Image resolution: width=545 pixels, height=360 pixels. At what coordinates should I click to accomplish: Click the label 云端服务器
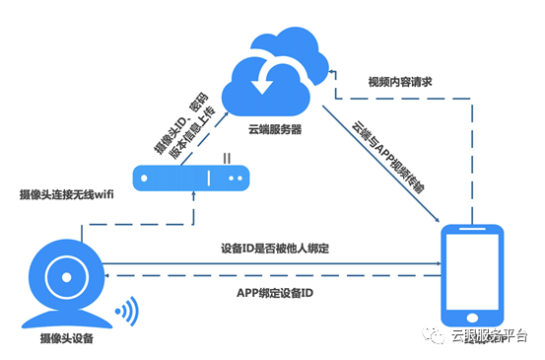(x=275, y=129)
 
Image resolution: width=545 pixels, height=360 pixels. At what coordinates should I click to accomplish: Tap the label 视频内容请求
(x=400, y=82)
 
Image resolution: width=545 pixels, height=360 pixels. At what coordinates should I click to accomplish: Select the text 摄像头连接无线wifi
(x=66, y=194)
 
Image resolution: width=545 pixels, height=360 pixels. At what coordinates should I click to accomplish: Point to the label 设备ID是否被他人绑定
(x=275, y=249)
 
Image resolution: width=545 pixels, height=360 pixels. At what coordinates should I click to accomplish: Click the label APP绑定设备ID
(x=275, y=293)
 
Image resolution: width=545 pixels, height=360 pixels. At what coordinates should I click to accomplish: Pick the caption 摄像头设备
(x=67, y=338)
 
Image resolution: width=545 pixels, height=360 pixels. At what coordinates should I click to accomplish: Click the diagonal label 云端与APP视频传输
(x=388, y=157)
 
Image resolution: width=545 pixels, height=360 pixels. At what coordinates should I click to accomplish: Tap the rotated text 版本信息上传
(x=192, y=132)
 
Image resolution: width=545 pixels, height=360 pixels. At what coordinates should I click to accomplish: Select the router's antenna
(x=227, y=158)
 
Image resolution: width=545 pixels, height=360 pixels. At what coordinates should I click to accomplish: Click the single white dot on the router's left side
(x=144, y=179)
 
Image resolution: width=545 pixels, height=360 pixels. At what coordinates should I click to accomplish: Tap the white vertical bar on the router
(x=209, y=179)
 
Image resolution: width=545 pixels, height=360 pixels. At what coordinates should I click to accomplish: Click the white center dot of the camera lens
(x=66, y=277)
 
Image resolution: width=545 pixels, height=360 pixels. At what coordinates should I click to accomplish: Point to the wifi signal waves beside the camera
(x=128, y=311)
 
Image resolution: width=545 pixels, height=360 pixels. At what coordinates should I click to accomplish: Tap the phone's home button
(x=472, y=318)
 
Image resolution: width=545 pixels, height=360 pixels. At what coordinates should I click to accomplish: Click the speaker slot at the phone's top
(x=472, y=229)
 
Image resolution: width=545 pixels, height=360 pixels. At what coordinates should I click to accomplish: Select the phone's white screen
(x=472, y=271)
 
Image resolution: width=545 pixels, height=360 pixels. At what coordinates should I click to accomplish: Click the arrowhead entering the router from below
(x=193, y=194)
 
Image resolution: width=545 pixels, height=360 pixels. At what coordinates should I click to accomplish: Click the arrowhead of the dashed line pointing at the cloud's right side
(x=332, y=72)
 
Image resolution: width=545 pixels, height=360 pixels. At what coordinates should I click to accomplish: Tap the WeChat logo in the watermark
(x=434, y=334)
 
